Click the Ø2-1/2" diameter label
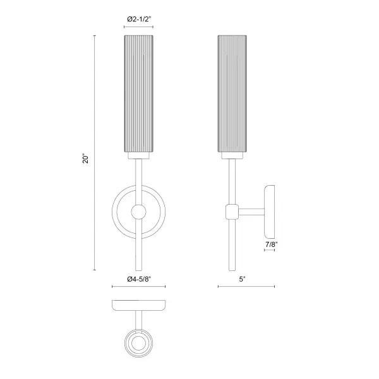click(x=139, y=20)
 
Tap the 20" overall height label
click(x=86, y=159)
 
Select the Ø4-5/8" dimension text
click(x=139, y=279)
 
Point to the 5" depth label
click(x=242, y=279)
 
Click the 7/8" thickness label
click(x=270, y=244)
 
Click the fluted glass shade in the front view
click(x=139, y=93)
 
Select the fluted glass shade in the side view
click(x=232, y=93)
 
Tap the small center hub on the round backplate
click(x=138, y=212)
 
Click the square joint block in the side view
click(x=232, y=212)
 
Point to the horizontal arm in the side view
click(x=251, y=212)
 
